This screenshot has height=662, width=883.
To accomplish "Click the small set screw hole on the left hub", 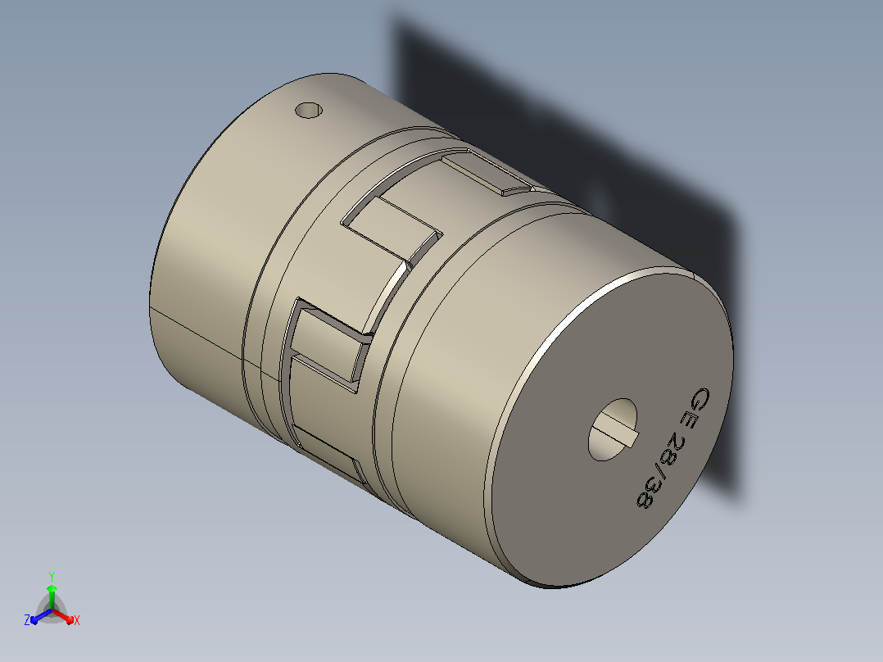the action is coord(309,110).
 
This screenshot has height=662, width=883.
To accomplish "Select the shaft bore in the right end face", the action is coord(612,429).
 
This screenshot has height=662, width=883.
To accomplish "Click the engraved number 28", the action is coord(672,448).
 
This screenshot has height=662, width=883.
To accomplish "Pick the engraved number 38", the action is coord(647,492).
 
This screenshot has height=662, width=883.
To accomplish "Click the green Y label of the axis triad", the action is coord(52,576).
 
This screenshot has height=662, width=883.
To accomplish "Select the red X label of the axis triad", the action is coord(77,620).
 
